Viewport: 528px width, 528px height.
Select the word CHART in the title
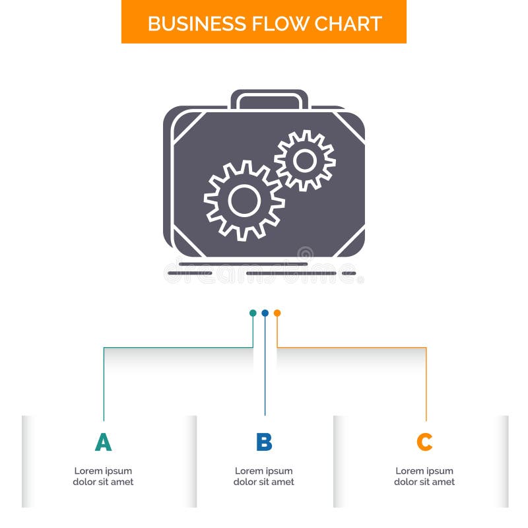(348, 23)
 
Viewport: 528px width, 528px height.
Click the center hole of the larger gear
(244, 199)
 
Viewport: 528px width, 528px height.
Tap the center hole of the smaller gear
(305, 160)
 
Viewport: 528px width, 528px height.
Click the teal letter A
(103, 442)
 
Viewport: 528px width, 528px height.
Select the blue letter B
(264, 442)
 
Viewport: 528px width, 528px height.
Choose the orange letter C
(424, 442)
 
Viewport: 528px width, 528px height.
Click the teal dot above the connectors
(253, 313)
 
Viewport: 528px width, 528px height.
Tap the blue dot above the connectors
(265, 313)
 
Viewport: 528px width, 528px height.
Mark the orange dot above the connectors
(277, 313)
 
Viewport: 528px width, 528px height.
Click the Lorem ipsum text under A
(103, 477)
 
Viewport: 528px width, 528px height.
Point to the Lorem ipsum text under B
(264, 477)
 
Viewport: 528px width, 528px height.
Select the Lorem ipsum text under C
(424, 477)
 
